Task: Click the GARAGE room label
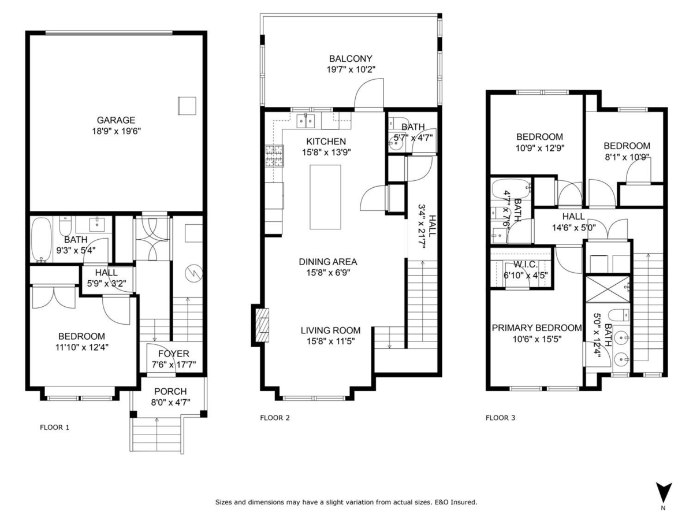(115, 120)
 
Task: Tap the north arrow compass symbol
(664, 492)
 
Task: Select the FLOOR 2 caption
(274, 417)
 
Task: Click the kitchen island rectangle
(325, 197)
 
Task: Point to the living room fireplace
(262, 326)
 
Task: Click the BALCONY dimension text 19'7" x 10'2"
(351, 69)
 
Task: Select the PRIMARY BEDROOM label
(536, 328)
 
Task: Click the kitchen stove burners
(274, 155)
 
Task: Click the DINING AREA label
(327, 262)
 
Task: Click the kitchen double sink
(305, 120)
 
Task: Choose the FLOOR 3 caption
(500, 417)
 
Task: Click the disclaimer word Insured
(464, 503)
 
